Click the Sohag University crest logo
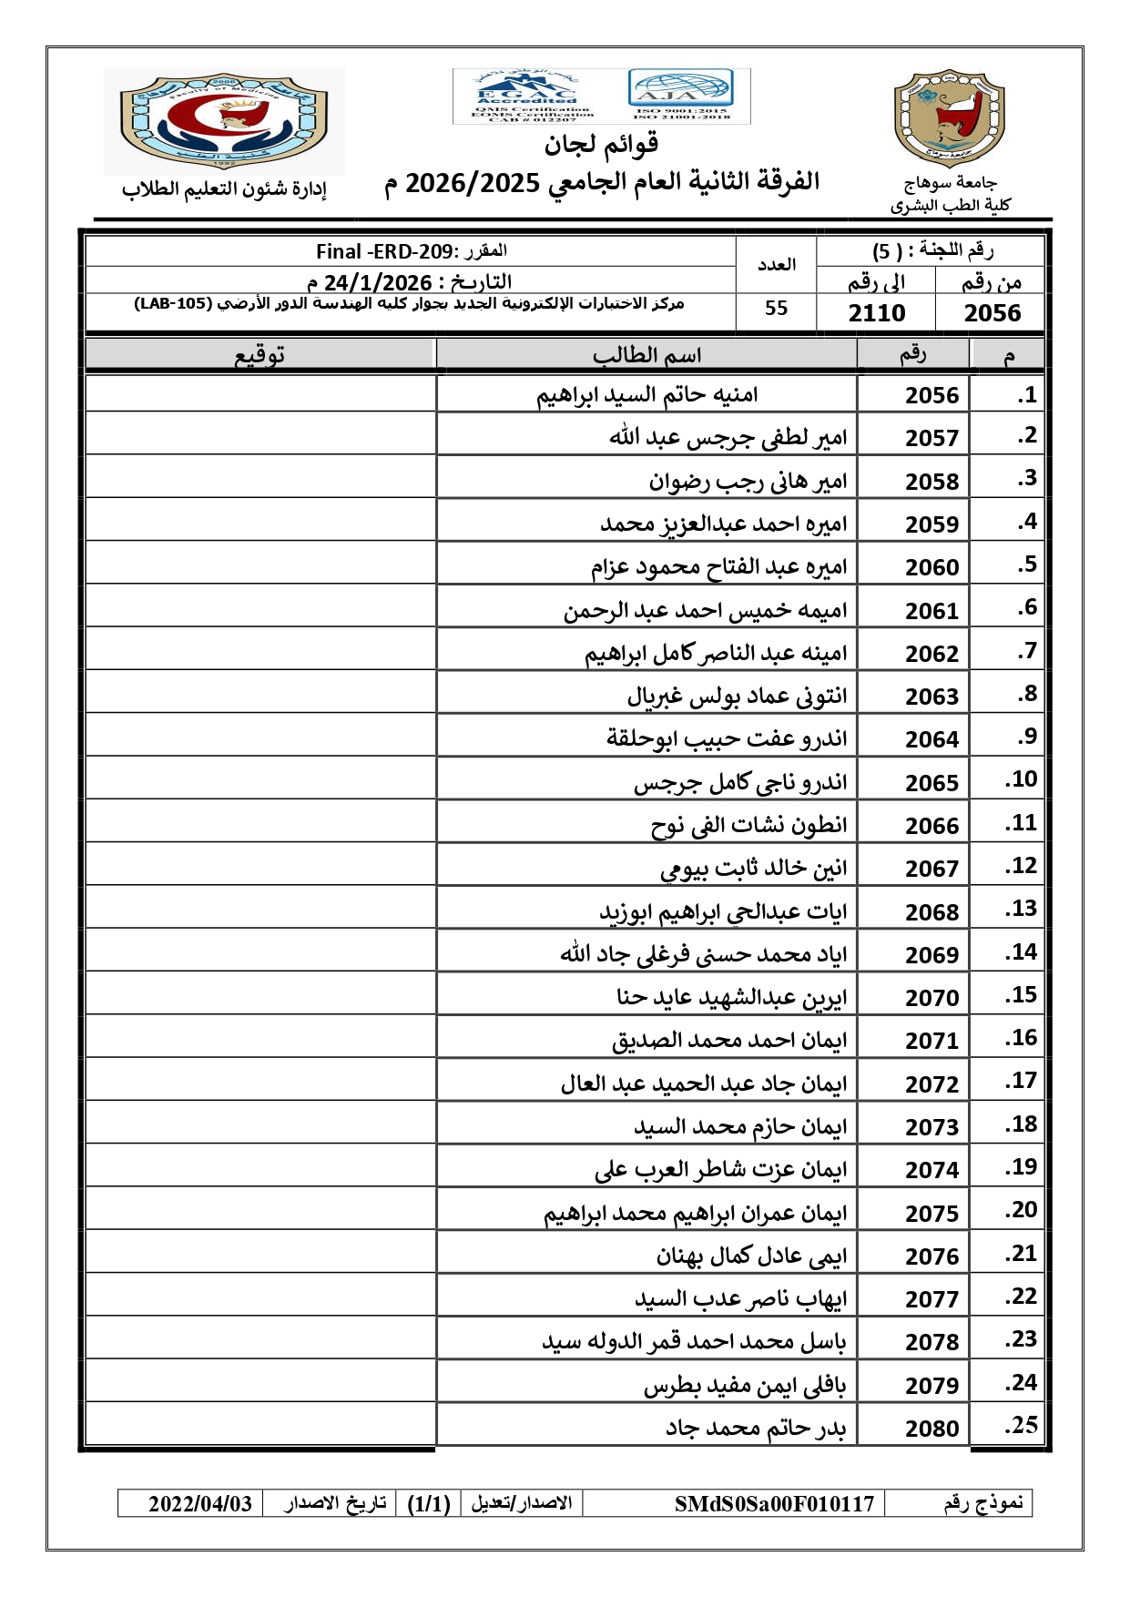point(949,118)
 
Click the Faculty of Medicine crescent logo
point(224,120)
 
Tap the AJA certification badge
point(680,95)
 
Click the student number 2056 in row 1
point(931,395)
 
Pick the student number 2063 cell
point(931,697)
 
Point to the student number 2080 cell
point(931,1429)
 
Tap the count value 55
point(776,309)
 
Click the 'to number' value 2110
point(876,313)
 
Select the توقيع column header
point(260,355)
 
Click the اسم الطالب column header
point(646,355)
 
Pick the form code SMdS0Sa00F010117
point(774,1503)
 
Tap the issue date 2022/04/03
point(200,1503)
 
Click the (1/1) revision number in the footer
point(429,1503)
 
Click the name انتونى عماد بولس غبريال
point(737,697)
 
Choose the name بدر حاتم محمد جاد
point(756,1429)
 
